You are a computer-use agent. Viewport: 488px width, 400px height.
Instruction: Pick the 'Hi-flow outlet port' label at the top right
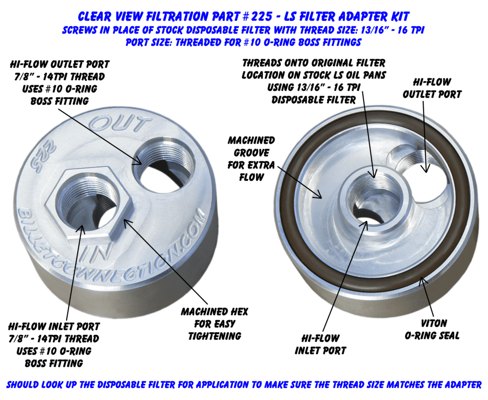(432, 88)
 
